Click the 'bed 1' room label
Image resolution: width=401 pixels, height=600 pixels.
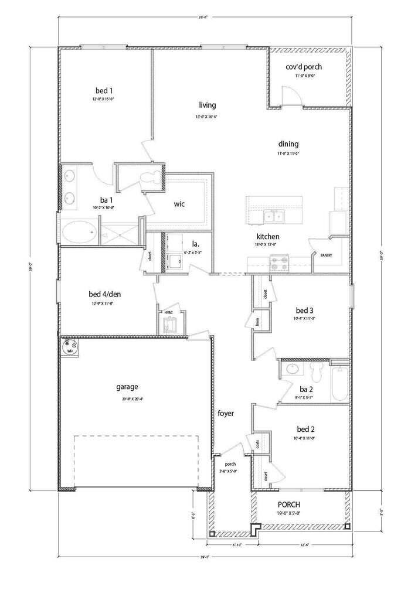(104, 90)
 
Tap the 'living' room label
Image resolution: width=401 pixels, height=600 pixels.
(207, 105)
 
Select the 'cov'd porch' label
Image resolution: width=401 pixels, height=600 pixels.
(304, 67)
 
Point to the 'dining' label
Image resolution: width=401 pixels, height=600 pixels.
(288, 144)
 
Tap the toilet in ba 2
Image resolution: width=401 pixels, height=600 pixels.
(318, 371)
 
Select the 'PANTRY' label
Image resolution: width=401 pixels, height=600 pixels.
(326, 255)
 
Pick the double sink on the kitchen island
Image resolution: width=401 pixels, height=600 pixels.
(273, 217)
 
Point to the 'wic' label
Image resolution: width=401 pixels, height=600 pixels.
(179, 204)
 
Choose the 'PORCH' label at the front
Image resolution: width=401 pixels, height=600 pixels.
(289, 504)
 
